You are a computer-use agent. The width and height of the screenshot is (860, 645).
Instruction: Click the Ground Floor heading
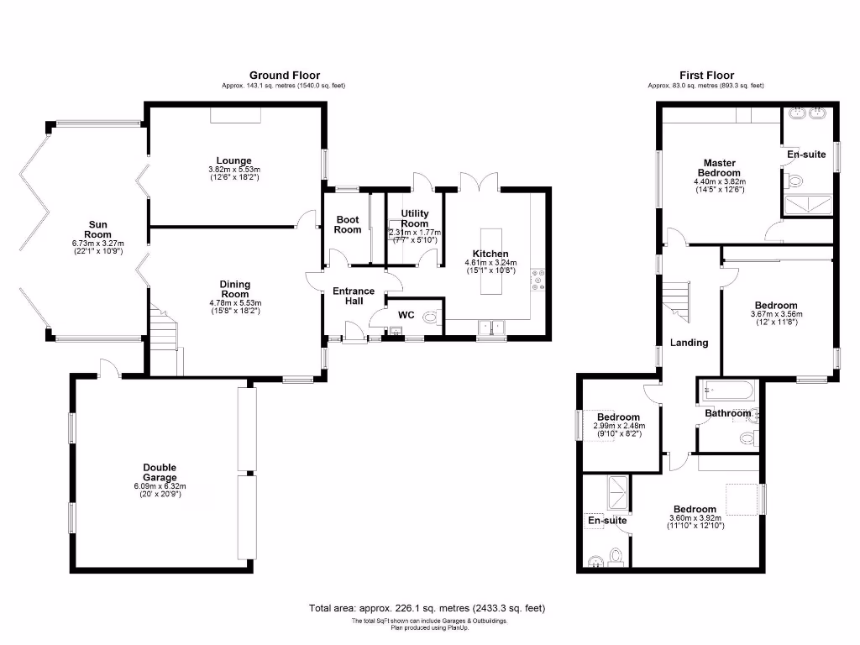point(284,76)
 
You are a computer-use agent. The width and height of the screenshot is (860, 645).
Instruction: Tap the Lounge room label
point(233,160)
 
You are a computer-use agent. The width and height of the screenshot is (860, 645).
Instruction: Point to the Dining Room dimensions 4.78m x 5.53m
point(235,303)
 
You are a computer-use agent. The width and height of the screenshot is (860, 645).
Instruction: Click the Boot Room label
point(348,224)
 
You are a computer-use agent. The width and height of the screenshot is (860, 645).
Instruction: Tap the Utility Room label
point(415,218)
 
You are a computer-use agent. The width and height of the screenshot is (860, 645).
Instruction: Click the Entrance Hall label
point(354,296)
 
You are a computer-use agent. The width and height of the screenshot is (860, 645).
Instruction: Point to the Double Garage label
point(160,473)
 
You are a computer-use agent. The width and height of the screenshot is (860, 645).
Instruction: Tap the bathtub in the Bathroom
point(727,391)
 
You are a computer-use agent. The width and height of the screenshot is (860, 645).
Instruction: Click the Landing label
point(689,343)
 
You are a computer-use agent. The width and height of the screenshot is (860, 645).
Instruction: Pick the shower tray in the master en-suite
point(809,204)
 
